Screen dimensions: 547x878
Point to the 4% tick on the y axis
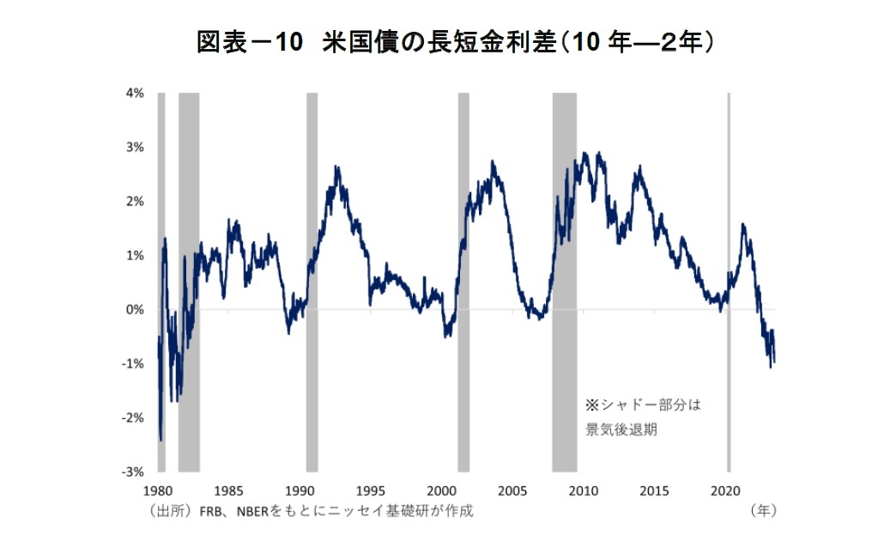[136, 93]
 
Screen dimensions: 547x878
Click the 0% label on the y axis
[136, 309]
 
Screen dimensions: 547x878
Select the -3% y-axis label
[134, 471]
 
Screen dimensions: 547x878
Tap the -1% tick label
[134, 363]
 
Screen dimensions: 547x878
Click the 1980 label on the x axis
[156, 491]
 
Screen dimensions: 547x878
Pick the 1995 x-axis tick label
[370, 491]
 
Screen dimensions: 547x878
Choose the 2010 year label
[584, 491]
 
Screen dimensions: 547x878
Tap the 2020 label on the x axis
[726, 491]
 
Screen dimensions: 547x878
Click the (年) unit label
[763, 510]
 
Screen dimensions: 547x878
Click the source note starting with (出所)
[310, 511]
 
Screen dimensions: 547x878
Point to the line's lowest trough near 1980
[160, 441]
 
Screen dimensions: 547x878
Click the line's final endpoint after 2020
[774, 362]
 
